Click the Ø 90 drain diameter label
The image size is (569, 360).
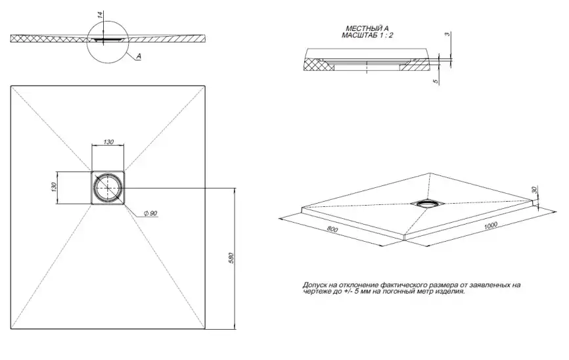pyautogui.click(x=150, y=214)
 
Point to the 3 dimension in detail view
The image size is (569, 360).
pyautogui.click(x=447, y=35)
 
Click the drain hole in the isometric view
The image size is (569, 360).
pyautogui.click(x=425, y=202)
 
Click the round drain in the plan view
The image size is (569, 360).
pyautogui.click(x=107, y=187)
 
